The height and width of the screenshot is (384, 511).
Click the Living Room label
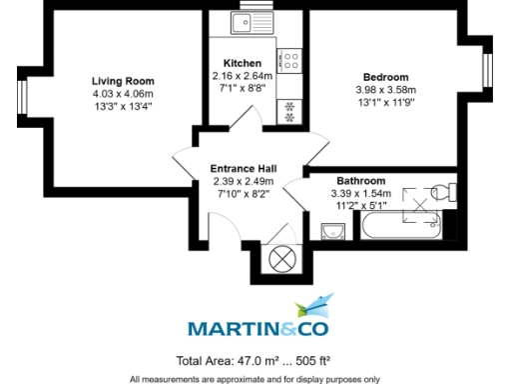pyautogui.click(x=124, y=81)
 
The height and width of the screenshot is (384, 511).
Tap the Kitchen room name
pyautogui.click(x=243, y=62)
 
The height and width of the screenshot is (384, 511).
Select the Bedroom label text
pyautogui.click(x=385, y=77)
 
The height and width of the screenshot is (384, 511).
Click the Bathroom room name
pyautogui.click(x=361, y=181)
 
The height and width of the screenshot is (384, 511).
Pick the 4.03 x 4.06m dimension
pyautogui.click(x=124, y=94)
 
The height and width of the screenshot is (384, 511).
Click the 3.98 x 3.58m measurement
pyautogui.click(x=385, y=90)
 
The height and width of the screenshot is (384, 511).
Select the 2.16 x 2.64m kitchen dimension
pyautogui.click(x=243, y=75)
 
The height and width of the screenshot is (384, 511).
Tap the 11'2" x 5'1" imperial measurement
pyautogui.click(x=361, y=207)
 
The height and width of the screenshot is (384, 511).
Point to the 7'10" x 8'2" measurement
pyautogui.click(x=243, y=195)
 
